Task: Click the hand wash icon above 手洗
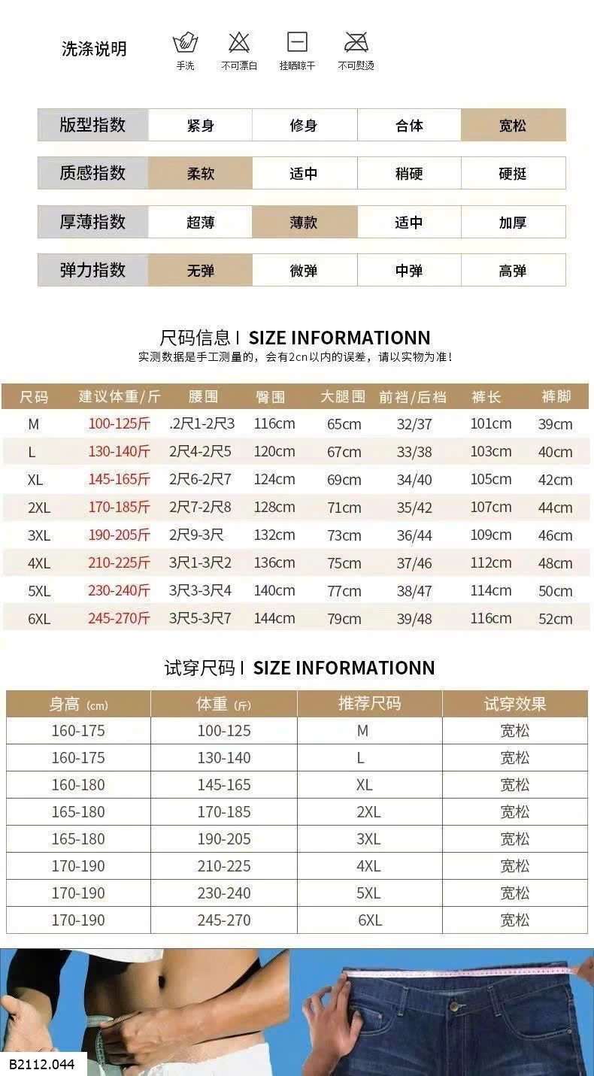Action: pyautogui.click(x=185, y=42)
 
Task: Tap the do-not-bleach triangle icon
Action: pyautogui.click(x=239, y=42)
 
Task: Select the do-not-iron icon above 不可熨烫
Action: pyautogui.click(x=356, y=42)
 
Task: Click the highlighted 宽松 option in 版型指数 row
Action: pyautogui.click(x=513, y=126)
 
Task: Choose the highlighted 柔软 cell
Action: pyautogui.click(x=201, y=174)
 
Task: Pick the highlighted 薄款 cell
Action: pyautogui.click(x=304, y=223)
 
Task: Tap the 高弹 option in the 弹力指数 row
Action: pyautogui.click(x=513, y=271)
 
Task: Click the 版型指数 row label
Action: pyautogui.click(x=92, y=126)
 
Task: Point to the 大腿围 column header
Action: pyautogui.click(x=343, y=397)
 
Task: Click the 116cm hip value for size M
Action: pyautogui.click(x=274, y=424)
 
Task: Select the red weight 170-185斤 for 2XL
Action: pyautogui.click(x=119, y=508)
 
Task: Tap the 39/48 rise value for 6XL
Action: pyautogui.click(x=414, y=619)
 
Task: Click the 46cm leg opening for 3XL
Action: pyautogui.click(x=555, y=535)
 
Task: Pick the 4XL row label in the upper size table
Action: pyautogui.click(x=38, y=563)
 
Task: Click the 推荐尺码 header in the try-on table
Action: pyautogui.click(x=369, y=704)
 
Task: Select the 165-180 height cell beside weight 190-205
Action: pyautogui.click(x=78, y=839)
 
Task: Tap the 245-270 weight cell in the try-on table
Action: pyautogui.click(x=224, y=920)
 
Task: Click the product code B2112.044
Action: pyautogui.click(x=43, y=1065)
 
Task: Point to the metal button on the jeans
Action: pyautogui.click(x=453, y=1005)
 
